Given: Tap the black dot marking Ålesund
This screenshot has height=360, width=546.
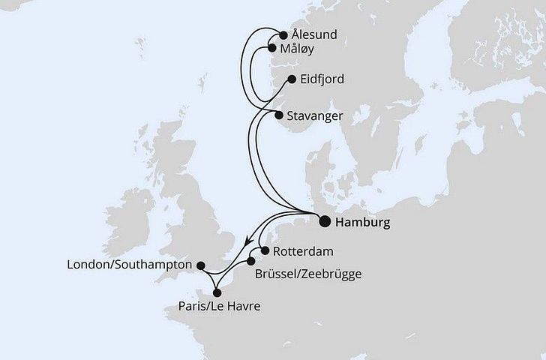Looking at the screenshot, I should [283, 34].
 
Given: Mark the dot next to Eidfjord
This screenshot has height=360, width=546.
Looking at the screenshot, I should [292, 78].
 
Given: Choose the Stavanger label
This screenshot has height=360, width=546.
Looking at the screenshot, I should [314, 115].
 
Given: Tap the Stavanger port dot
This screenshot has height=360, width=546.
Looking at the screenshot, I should [278, 115].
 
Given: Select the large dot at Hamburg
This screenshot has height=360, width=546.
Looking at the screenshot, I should [324, 221].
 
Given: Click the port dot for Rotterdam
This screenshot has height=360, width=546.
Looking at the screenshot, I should [265, 251].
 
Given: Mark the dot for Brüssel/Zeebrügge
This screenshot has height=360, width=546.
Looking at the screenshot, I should [251, 262].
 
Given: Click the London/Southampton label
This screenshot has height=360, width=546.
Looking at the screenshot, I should [130, 265].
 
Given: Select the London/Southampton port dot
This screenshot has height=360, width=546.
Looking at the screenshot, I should [200, 265].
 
